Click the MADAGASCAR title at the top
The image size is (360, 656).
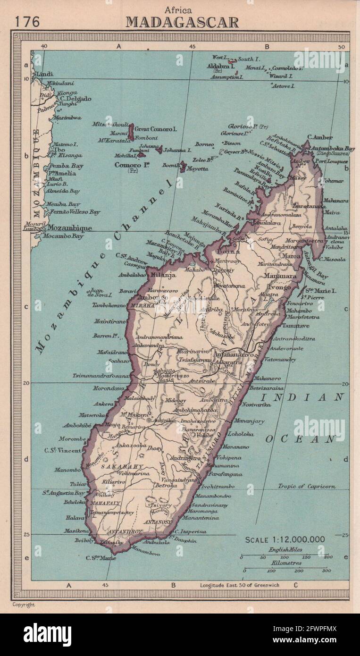pos(182,22)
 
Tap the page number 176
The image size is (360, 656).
pos(27,22)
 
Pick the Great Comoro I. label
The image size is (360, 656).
pos(156,128)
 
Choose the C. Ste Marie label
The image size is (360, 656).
pos(100,558)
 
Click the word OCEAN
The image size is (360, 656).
pos(301,439)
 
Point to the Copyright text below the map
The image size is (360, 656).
pos(23,605)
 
